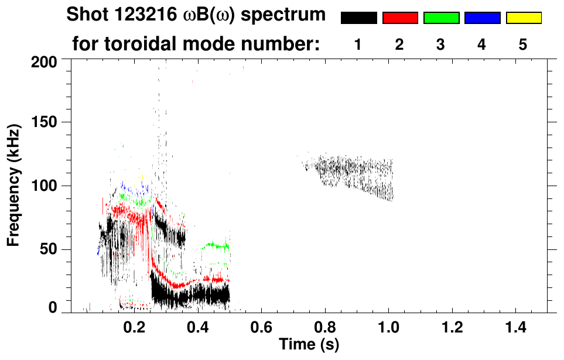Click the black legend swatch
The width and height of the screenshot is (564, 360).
pyautogui.click(x=358, y=18)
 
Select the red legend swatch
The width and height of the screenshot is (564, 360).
pyautogui.click(x=400, y=18)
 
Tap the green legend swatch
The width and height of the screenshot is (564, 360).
pyautogui.click(x=441, y=18)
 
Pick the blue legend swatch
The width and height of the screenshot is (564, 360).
pyautogui.click(x=482, y=18)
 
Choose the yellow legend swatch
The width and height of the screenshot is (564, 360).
pyautogui.click(x=524, y=18)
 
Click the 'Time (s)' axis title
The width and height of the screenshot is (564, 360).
pyautogui.click(x=308, y=344)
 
